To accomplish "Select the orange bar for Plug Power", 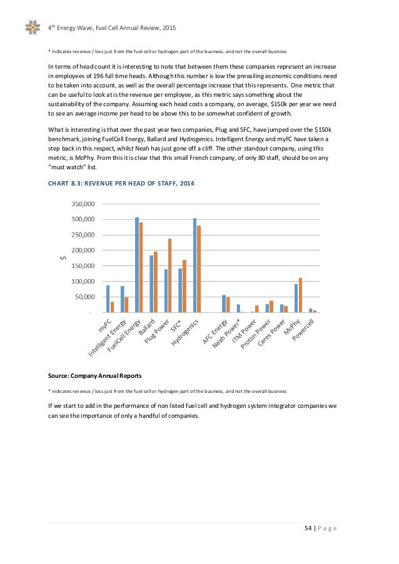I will [x=169, y=275].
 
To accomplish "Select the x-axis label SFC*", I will [x=177, y=325].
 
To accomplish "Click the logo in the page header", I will [x=33, y=27].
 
